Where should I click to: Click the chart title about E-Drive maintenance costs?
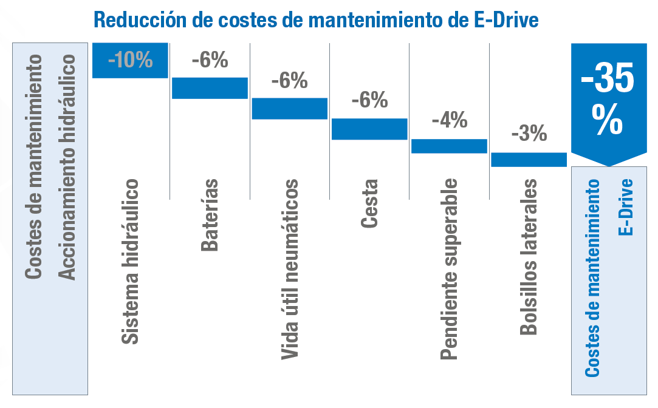317,20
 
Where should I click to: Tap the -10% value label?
130,61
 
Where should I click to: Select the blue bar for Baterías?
210,88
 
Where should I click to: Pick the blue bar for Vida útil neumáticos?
290,108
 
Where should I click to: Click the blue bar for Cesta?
369,129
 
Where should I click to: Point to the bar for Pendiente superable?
449,146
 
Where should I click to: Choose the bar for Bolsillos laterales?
529,159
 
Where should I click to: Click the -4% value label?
450,120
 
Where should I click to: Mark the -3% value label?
529,134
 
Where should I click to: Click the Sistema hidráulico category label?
129,261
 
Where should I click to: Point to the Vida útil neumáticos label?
290,268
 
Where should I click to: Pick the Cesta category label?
369,203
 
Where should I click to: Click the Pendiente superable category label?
449,268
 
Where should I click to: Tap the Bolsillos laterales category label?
529,256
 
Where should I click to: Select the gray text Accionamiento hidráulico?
67,167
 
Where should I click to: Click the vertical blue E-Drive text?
626,206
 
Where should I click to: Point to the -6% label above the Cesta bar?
369,100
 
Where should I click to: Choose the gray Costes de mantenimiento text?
34,167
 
